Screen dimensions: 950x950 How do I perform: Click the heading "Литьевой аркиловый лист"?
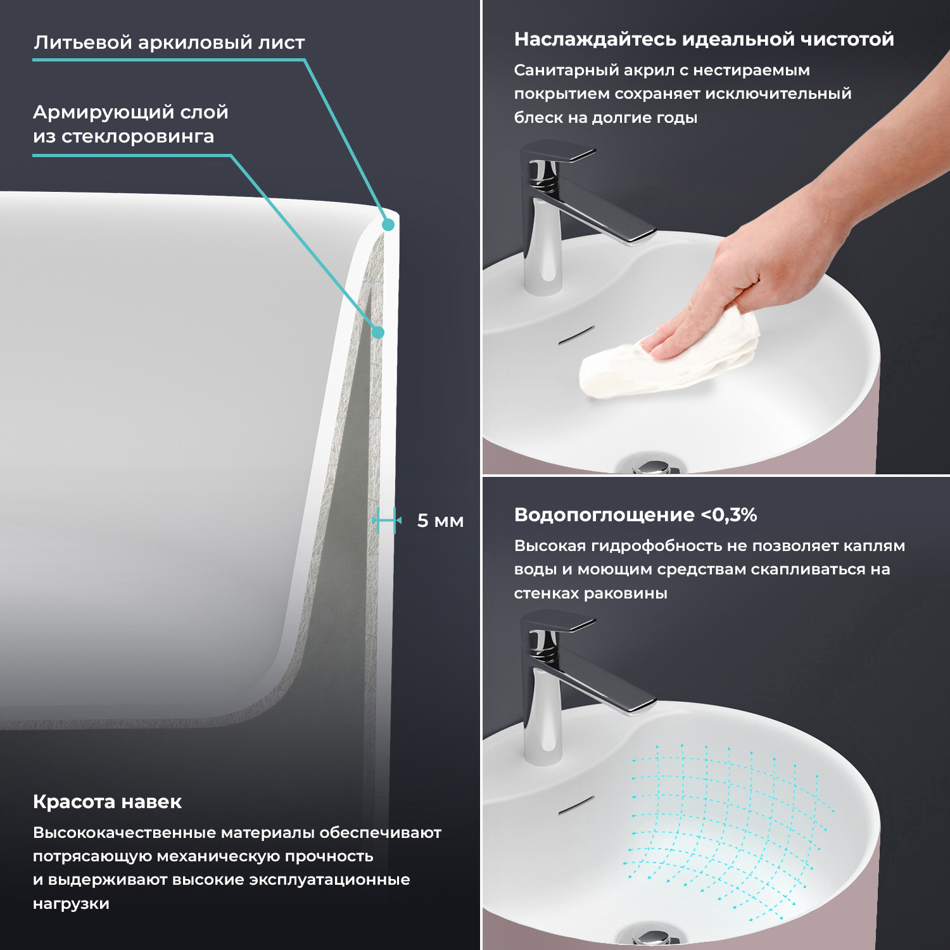pyautogui.click(x=169, y=42)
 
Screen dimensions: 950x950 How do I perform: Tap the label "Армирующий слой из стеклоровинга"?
pyautogui.click(x=130, y=124)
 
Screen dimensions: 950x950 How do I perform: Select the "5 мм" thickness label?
pyautogui.click(x=440, y=521)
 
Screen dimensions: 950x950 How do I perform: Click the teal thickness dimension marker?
pyautogui.click(x=387, y=521)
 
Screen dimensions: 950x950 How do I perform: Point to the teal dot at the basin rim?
pyautogui.click(x=388, y=224)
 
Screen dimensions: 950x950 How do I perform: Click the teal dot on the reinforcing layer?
pyautogui.click(x=378, y=332)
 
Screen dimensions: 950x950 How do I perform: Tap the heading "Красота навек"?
pyautogui.click(x=107, y=802)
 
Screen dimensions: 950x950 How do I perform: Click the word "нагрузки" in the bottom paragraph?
pyautogui.click(x=71, y=904)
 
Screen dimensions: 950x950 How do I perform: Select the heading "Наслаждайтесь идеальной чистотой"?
pyautogui.click(x=704, y=39)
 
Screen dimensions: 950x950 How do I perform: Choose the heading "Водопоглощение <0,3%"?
pyautogui.click(x=635, y=515)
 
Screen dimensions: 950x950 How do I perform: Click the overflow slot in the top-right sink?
pyautogui.click(x=576, y=336)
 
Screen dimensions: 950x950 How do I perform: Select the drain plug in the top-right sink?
pyautogui.click(x=650, y=465)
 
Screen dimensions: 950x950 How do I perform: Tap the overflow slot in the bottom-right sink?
pyautogui.click(x=576, y=805)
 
